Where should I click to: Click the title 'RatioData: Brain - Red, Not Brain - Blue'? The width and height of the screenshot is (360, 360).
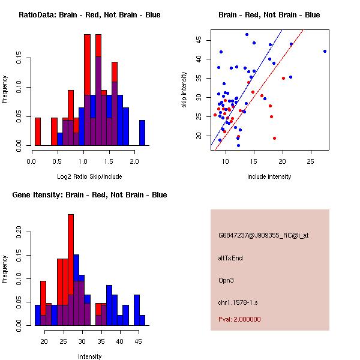[89, 14]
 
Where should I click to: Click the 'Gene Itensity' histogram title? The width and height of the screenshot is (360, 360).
[89, 195]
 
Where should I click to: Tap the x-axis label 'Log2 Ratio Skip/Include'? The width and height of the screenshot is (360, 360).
[89, 176]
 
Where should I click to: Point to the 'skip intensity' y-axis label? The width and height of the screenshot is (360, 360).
[184, 90]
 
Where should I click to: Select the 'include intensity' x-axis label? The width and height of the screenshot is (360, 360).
[269, 176]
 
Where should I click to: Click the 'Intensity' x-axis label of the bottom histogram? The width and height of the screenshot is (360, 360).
[89, 356]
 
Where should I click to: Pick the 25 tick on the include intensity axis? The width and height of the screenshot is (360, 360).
[310, 161]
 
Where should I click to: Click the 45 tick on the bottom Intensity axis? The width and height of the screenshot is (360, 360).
[138, 341]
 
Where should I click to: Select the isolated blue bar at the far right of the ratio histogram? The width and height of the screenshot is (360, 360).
[142, 133]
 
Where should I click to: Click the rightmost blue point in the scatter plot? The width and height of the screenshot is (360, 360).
[325, 51]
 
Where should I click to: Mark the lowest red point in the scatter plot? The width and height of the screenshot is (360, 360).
[274, 138]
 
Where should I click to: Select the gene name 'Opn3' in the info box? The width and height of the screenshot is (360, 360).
[226, 280]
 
